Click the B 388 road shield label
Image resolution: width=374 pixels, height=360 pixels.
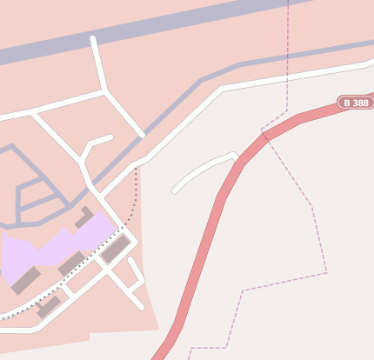tap(356, 103)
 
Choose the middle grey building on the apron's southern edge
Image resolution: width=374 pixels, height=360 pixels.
tap(70, 263)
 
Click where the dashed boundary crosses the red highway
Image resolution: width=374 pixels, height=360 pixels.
tap(264, 135)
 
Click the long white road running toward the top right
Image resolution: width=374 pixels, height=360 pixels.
tap(287, 78)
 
